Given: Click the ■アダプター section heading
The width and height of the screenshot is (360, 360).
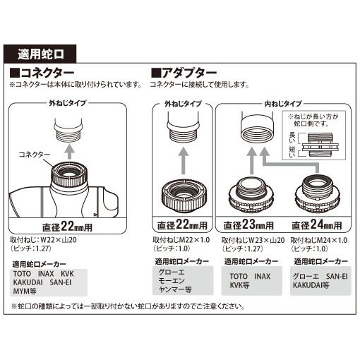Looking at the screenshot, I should pos(186,73).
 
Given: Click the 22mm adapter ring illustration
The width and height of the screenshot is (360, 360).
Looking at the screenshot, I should pos(182,197).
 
